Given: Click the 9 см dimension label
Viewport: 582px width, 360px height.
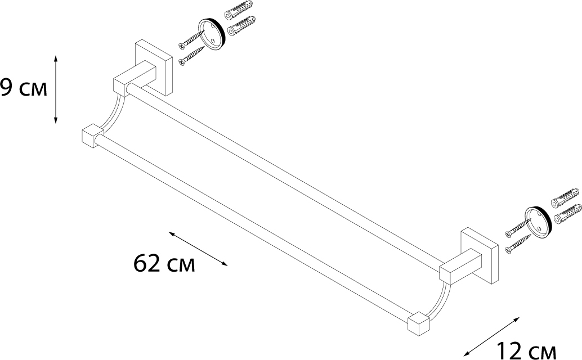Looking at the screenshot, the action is click(24, 88).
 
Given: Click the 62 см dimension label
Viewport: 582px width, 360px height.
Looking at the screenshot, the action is click(164, 264).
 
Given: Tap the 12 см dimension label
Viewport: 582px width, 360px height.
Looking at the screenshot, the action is click(526, 351).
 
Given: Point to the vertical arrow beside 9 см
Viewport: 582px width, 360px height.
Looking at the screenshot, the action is click(56, 89).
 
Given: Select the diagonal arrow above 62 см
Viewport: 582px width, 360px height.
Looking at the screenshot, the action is click(198, 249).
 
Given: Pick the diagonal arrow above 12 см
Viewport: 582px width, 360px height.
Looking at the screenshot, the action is click(492, 335).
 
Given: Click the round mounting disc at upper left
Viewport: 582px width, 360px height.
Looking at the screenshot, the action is click(210, 35).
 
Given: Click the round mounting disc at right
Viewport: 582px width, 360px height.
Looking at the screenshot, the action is click(538, 223).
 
